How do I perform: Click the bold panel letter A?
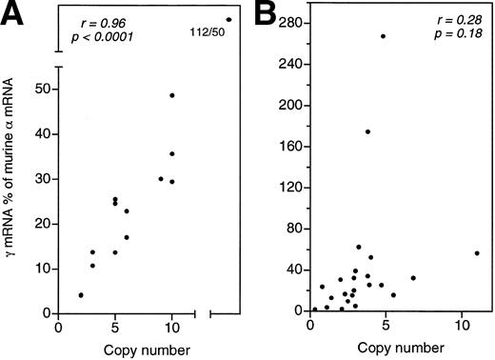tap(15, 16)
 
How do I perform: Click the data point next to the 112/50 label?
tap(229, 19)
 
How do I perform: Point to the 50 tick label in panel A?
tap(42, 89)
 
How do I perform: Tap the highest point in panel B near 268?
tap(383, 36)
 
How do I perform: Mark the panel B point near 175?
tap(367, 131)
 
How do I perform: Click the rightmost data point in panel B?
tap(476, 253)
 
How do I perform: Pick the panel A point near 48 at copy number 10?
tap(171, 95)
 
